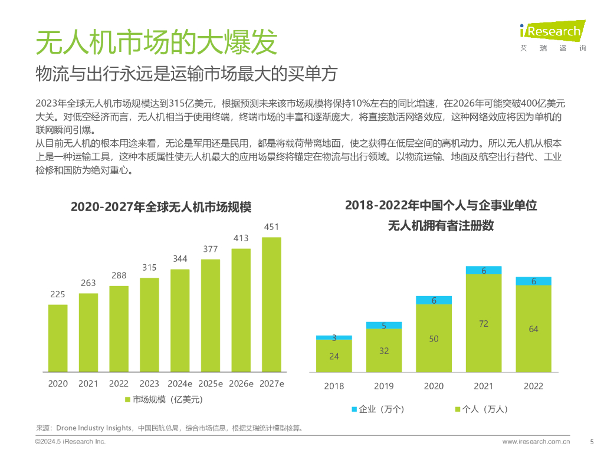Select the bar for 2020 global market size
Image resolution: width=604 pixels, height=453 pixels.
click(x=58, y=339)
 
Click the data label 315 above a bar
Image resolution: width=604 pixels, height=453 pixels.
click(x=149, y=268)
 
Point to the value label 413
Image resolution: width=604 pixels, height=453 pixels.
click(x=241, y=238)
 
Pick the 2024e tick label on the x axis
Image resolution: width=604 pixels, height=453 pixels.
click(x=179, y=383)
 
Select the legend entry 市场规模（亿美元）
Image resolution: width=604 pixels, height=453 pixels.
click(x=164, y=400)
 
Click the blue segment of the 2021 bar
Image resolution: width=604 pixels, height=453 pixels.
click(x=484, y=271)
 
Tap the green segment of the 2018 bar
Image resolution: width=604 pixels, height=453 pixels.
click(x=334, y=356)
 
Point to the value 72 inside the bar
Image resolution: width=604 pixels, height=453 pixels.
click(x=484, y=324)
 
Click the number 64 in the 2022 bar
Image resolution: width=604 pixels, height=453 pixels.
click(x=533, y=329)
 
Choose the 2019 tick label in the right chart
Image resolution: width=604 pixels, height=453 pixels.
click(x=383, y=386)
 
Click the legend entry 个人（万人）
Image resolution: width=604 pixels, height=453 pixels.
click(x=481, y=409)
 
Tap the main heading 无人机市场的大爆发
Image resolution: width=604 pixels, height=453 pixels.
click(x=156, y=42)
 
